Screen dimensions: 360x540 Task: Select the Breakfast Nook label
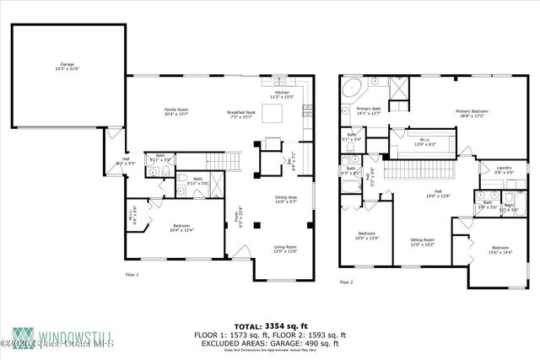point(241,113)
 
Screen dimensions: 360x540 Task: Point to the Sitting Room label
point(422,242)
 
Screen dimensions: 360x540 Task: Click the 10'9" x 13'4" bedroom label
point(366,235)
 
